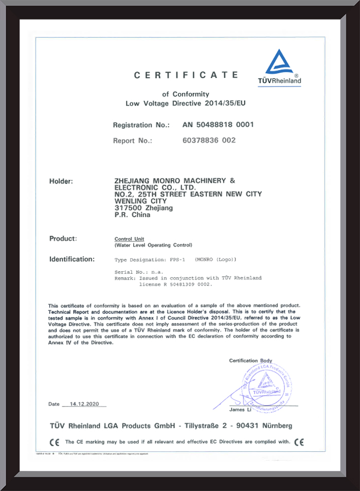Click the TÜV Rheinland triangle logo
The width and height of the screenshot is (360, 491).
pos(279,62)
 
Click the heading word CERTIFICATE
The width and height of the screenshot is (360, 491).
pos(186,75)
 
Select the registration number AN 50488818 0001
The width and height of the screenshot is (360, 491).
pos(218,125)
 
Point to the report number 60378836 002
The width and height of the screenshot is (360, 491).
pos(209,140)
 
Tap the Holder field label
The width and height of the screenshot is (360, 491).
pos(61,181)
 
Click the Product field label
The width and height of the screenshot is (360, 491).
pos(63,238)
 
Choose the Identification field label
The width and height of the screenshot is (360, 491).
pos(72,259)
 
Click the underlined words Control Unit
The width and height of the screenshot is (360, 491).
pos(129,239)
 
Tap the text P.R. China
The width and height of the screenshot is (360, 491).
pos(132,215)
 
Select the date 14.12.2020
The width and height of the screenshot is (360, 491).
pos(83,404)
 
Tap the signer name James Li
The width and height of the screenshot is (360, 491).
pos(240,410)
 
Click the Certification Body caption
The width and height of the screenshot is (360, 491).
pos(250,361)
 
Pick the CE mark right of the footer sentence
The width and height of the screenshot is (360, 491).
pos(299,442)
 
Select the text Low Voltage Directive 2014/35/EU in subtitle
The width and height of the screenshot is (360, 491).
pos(186,103)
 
